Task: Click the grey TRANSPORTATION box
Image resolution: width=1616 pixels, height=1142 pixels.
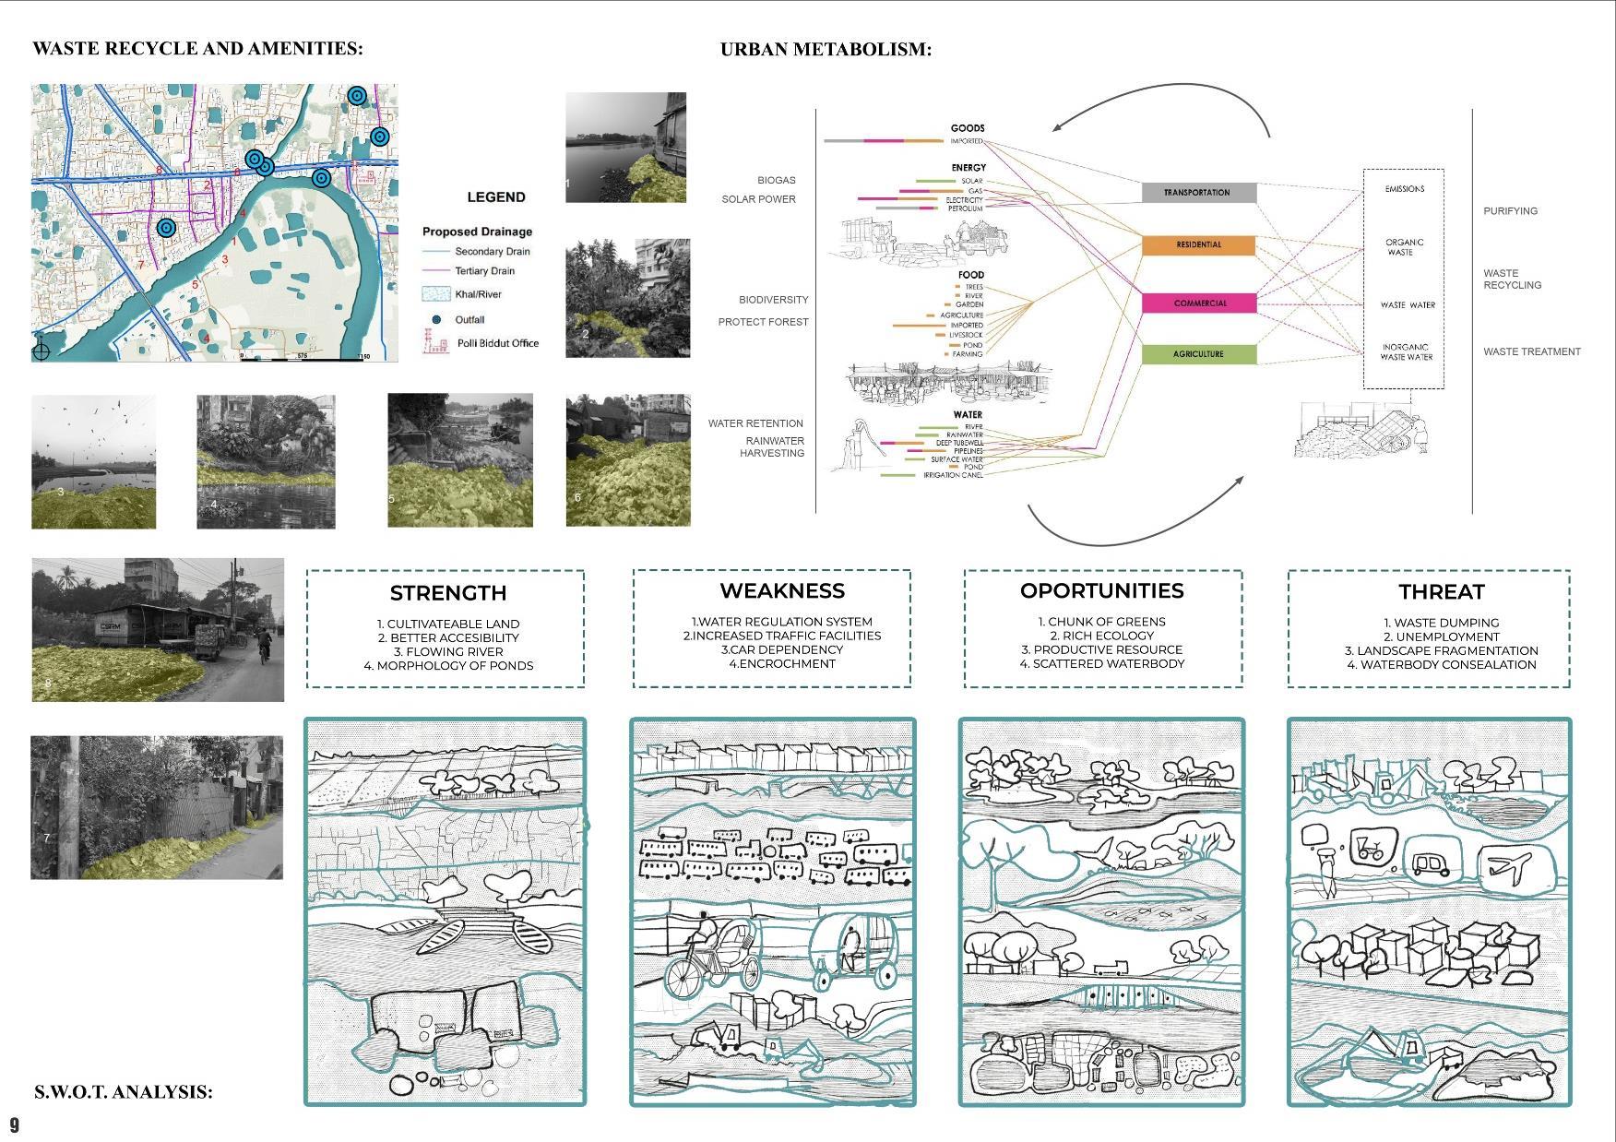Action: coord(1198,193)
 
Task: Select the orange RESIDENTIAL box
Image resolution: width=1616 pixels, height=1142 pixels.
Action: coord(1198,245)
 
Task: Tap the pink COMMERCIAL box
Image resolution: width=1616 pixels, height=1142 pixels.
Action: coord(1198,303)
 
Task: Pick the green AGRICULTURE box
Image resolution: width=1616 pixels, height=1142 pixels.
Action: coord(1198,354)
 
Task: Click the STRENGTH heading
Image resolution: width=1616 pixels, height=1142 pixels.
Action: coord(447,593)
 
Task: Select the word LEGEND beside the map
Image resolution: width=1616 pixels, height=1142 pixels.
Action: coord(496,197)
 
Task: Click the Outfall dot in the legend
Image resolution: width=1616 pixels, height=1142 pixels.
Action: coord(436,320)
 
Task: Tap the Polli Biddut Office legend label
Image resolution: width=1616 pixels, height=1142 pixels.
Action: coord(498,343)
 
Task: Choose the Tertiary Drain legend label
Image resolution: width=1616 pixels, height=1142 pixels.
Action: coord(484,271)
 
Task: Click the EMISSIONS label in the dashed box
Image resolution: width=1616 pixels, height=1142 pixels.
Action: coord(1404,189)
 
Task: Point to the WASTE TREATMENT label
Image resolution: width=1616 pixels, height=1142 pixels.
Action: coord(1531,351)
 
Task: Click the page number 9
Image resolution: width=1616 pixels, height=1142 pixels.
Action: coord(15,1125)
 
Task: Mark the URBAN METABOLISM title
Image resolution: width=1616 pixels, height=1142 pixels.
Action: coord(826,50)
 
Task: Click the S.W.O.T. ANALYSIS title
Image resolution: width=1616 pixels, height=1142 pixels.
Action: coord(124,1092)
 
